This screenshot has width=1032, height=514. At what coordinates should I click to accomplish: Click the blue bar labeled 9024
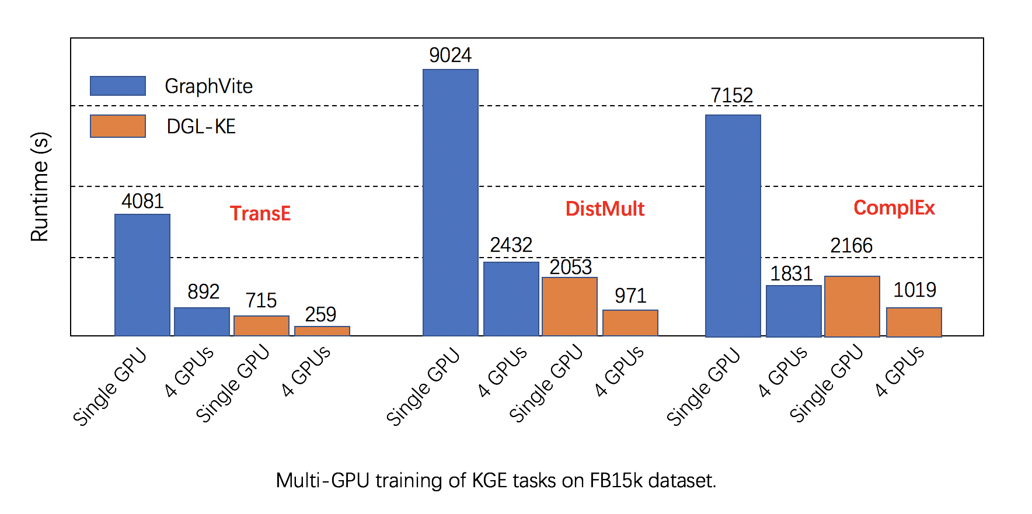tap(450, 202)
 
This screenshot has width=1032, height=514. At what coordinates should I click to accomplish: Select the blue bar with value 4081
tap(142, 275)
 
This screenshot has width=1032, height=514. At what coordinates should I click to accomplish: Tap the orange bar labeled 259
tap(322, 331)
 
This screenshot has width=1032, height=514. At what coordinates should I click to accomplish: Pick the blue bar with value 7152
tap(733, 225)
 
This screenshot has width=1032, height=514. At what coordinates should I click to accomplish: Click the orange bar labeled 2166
tap(852, 306)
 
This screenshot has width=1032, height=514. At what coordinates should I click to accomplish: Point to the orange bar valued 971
tap(630, 322)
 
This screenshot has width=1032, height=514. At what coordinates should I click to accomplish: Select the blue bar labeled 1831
tap(793, 311)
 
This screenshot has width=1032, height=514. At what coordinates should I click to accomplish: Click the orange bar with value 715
tap(262, 325)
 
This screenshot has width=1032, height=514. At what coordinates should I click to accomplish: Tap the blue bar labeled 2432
tap(511, 298)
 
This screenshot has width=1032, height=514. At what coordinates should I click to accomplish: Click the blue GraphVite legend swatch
tap(118, 86)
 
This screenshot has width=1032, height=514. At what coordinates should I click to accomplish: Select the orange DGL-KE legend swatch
tap(118, 126)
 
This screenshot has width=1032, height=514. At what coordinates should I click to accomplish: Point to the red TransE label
tap(260, 213)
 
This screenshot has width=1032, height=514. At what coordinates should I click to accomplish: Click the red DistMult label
tap(605, 209)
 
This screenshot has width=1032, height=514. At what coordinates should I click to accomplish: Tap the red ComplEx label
tap(894, 207)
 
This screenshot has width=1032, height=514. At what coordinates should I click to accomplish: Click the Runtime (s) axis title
tap(40, 187)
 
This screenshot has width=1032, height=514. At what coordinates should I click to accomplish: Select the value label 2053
tap(570, 267)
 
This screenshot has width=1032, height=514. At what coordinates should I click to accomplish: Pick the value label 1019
tap(914, 290)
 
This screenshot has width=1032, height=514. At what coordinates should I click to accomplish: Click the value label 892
tap(203, 291)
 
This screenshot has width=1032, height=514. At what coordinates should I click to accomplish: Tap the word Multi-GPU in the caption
tap(323, 480)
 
